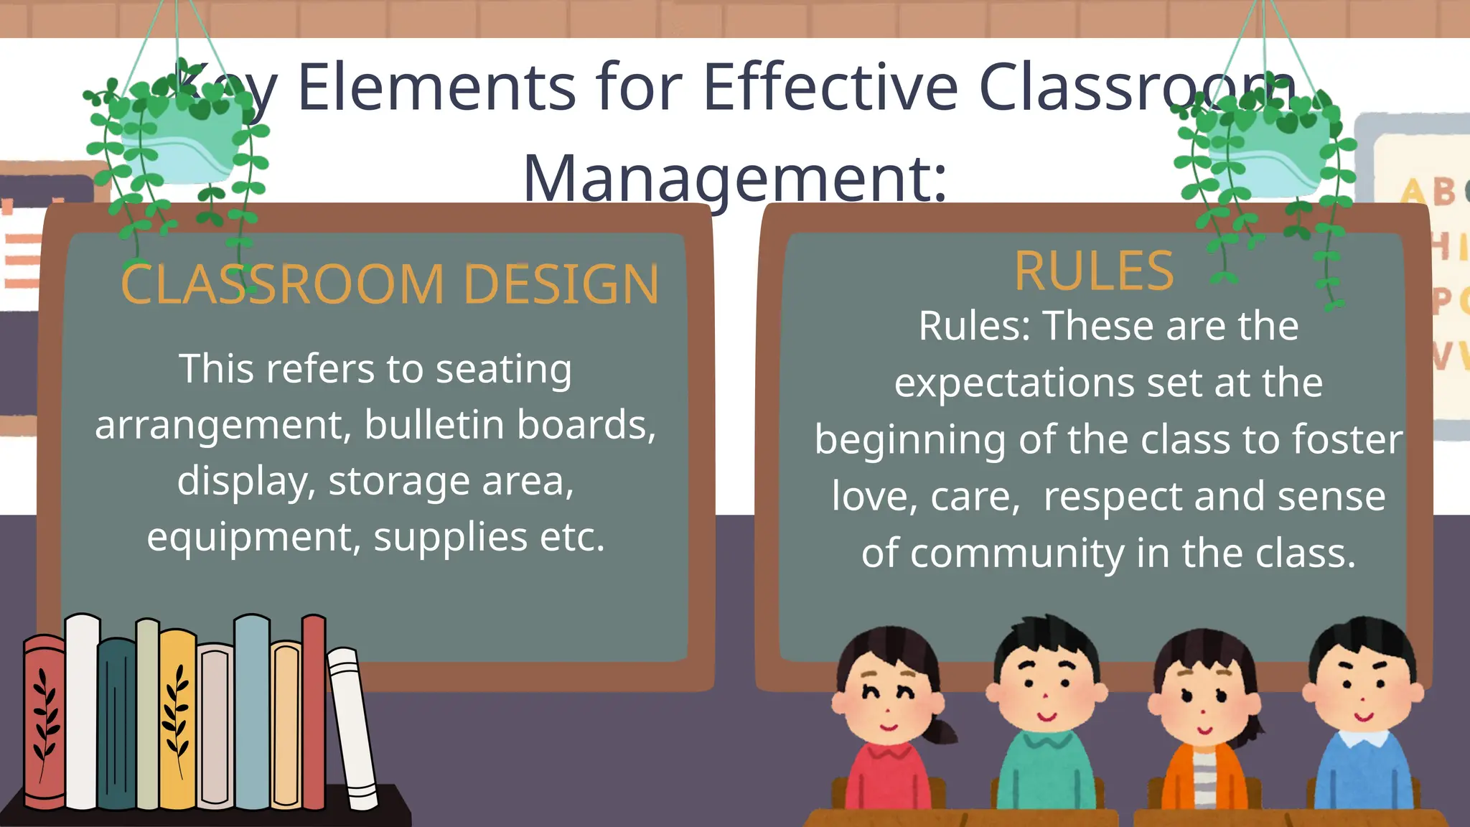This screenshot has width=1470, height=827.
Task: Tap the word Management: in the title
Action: pos(735,178)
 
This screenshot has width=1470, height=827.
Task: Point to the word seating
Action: pos(503,370)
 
